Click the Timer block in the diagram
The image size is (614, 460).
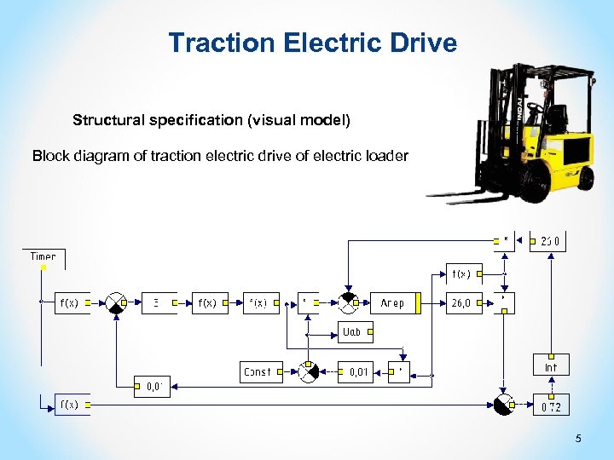[43, 256]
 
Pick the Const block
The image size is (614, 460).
[258, 371]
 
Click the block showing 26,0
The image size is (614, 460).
[464, 302]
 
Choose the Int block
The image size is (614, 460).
[551, 366]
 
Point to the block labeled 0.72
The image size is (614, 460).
[551, 406]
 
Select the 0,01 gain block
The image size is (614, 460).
[356, 371]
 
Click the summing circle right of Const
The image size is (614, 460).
[308, 371]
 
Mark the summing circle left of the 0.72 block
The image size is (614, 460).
[504, 405]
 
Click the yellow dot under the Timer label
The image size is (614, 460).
[43, 267]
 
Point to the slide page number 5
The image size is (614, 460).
[578, 439]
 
